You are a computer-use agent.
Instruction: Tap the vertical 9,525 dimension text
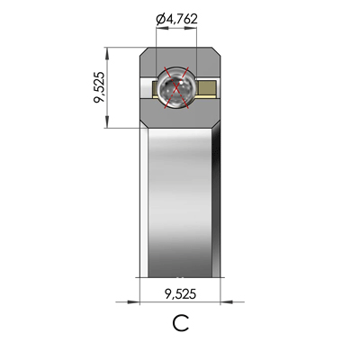tap(101, 87)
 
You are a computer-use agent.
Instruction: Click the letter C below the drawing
tap(180, 324)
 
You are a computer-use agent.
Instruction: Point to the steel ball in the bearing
tap(175, 87)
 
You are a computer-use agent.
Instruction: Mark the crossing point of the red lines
tap(177, 87)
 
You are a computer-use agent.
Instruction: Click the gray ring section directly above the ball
tap(177, 57)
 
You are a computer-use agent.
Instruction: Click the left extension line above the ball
tap(157, 45)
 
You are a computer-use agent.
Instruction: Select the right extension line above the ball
tap(198, 45)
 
